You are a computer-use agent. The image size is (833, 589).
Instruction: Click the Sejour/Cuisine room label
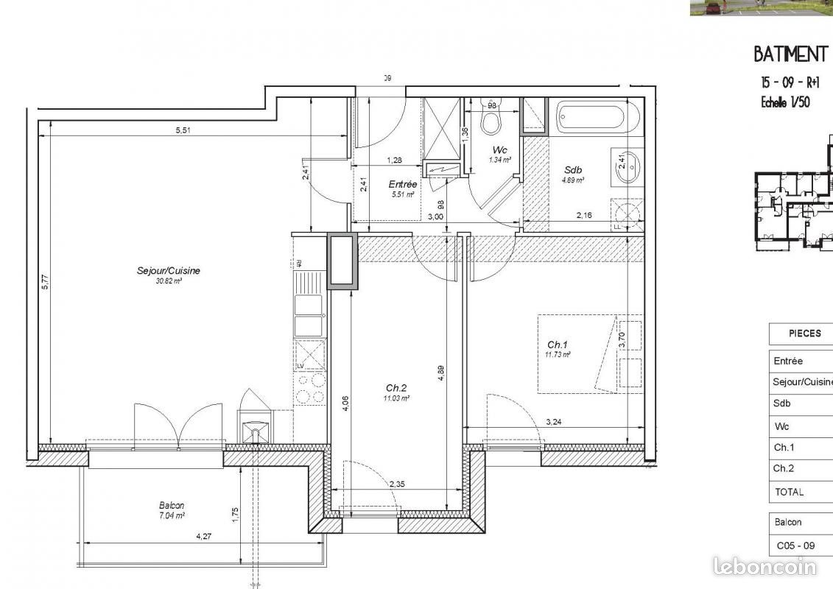[x=169, y=271]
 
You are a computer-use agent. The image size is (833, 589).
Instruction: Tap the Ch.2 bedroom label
[x=396, y=388]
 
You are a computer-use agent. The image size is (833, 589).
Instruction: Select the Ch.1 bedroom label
[x=558, y=345]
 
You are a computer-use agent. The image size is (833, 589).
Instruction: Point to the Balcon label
[x=172, y=506]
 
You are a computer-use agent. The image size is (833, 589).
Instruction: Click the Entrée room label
[x=402, y=185]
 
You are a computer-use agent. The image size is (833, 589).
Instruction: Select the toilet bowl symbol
[x=490, y=119]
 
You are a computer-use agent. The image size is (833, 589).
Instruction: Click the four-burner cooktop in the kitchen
[x=310, y=389]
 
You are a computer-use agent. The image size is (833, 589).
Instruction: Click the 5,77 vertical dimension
[x=45, y=282]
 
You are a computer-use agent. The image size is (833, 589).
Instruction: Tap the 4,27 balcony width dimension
[x=203, y=537]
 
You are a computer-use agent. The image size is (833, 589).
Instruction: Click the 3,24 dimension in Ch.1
[x=555, y=423]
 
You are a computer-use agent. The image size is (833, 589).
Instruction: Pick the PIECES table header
[x=804, y=334]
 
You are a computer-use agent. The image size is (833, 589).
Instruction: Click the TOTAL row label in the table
[x=789, y=492]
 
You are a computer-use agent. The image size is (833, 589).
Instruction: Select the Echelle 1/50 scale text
[x=785, y=102]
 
